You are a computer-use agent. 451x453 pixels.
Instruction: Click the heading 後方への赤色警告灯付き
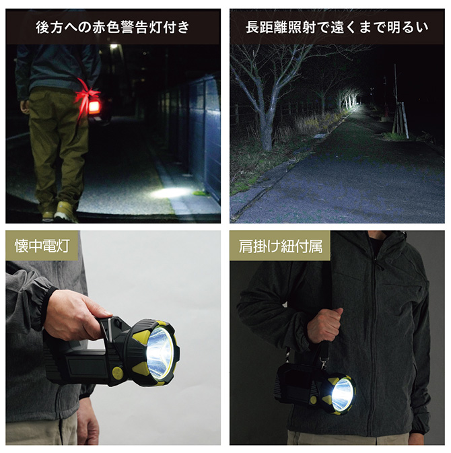click(112, 27)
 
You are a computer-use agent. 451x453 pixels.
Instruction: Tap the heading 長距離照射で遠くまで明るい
click(337, 27)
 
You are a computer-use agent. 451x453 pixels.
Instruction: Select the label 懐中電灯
click(42, 246)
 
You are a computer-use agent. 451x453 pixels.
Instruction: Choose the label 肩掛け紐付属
click(280, 246)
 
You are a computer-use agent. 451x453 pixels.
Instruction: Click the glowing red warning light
click(94, 107)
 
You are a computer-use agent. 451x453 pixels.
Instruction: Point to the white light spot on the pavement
click(170, 193)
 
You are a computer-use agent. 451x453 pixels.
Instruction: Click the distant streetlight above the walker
click(114, 46)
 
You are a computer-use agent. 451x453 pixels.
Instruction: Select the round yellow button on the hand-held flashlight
click(118, 373)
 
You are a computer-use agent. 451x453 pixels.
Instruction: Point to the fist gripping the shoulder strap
click(324, 325)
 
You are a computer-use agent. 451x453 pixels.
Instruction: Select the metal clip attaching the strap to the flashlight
click(324, 363)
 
